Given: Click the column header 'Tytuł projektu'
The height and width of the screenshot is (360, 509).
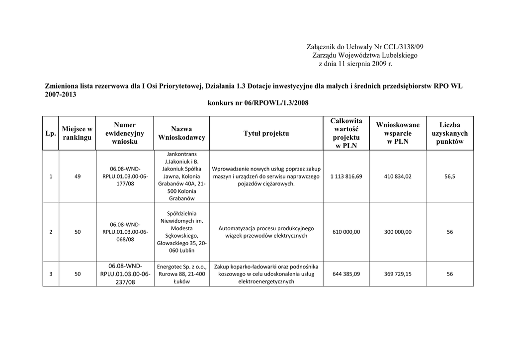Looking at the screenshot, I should (x=266, y=133).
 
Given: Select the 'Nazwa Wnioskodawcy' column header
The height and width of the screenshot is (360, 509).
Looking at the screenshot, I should (x=181, y=133).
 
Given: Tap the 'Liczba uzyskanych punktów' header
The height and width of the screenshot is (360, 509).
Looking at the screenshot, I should (x=449, y=133).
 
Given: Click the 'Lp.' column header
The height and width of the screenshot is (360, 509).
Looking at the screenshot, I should (x=50, y=133).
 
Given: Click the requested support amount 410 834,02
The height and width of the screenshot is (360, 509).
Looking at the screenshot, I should (x=398, y=177).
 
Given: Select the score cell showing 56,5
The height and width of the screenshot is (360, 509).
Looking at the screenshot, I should (x=449, y=177).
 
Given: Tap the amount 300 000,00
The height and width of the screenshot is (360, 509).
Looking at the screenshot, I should (x=398, y=232).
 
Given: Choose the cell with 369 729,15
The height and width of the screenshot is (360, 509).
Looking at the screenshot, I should (x=398, y=274).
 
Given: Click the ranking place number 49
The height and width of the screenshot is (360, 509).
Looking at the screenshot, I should (x=77, y=177).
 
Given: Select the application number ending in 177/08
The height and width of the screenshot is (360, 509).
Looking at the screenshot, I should (x=125, y=177).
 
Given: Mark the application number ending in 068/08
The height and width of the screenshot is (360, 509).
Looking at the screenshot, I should (x=125, y=232).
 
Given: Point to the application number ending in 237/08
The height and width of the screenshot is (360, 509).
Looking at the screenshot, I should (x=125, y=274).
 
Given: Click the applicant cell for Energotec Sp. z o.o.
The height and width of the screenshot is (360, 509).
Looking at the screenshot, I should (x=181, y=274).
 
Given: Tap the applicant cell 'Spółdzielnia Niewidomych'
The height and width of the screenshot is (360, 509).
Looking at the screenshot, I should (x=181, y=232).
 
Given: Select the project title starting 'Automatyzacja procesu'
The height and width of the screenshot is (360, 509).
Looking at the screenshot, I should (x=266, y=232).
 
